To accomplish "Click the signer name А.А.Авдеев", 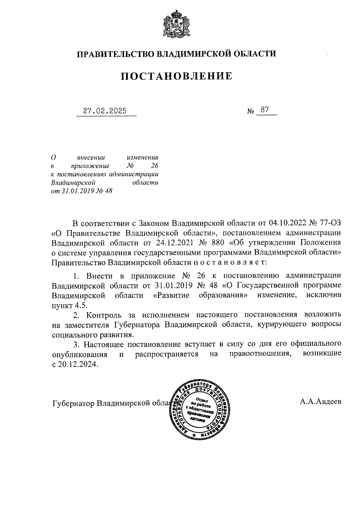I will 320,402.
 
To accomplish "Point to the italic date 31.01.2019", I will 79,191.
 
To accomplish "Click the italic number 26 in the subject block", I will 154,166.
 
